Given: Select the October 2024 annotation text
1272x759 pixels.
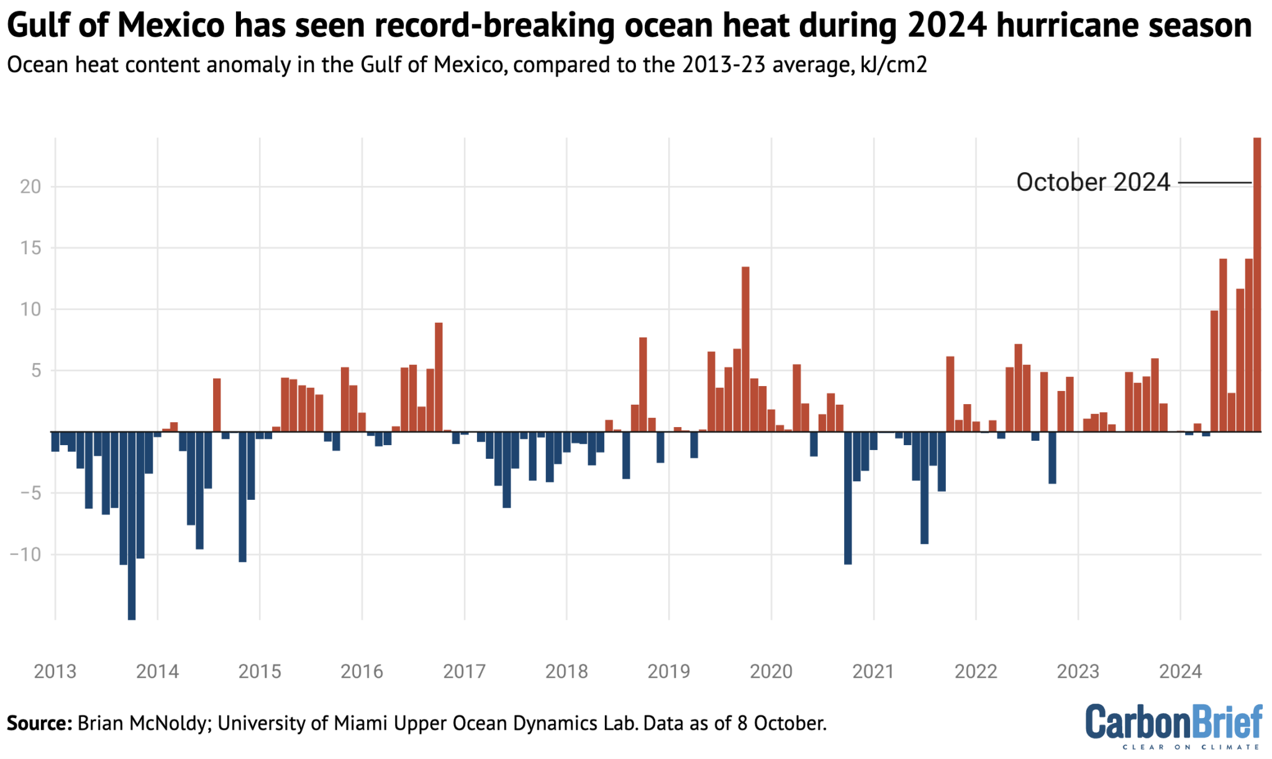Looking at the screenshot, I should [1093, 183].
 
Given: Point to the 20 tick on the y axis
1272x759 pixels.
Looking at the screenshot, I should [30, 186].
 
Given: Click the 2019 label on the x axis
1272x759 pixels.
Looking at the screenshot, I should [668, 671].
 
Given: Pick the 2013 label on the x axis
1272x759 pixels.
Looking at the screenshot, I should [55, 671].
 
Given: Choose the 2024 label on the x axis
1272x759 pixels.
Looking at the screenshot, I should [1180, 671].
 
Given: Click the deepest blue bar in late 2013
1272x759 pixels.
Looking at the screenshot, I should [132, 525].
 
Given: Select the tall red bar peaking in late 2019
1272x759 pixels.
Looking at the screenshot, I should [745, 348].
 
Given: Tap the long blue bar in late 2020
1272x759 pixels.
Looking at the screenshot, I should [848, 497].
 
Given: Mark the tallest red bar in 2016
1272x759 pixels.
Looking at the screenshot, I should [438, 377].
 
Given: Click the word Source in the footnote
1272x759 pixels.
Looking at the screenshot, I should [39, 724].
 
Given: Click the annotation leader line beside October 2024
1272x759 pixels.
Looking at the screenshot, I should [1214, 183].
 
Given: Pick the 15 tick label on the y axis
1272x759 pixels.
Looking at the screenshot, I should [30, 248].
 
